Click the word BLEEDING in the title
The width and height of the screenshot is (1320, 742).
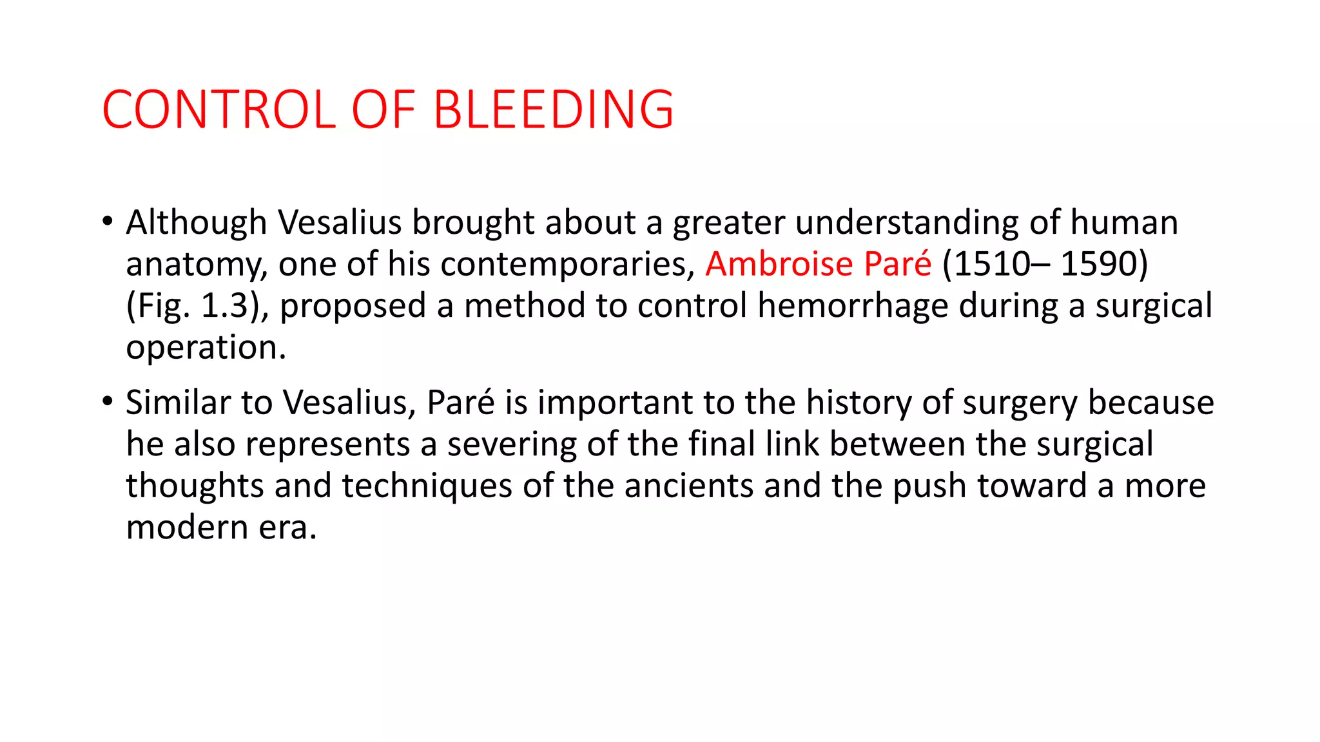click(x=553, y=109)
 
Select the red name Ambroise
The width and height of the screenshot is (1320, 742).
click(x=779, y=263)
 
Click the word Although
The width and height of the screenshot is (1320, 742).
click(x=196, y=223)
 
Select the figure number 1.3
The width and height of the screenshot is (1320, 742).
click(x=224, y=305)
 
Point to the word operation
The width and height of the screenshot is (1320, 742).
click(x=205, y=348)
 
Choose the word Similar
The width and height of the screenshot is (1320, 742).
click(x=178, y=403)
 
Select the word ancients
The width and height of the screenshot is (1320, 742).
click(x=688, y=486)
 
